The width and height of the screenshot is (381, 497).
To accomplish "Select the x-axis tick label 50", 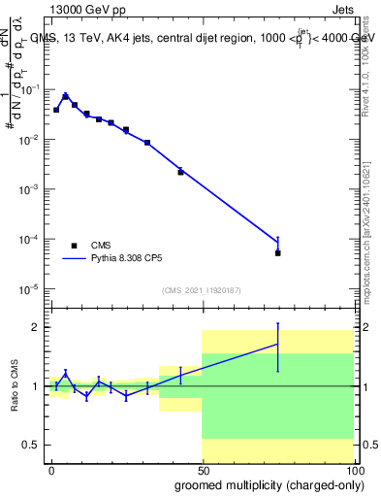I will tap(202, 469).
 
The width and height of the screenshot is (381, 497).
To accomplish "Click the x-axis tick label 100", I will tap(352, 469).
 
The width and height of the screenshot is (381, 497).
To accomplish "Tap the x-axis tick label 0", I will tap(51, 469).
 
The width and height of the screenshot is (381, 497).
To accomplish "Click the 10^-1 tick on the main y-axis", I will tap(30, 90).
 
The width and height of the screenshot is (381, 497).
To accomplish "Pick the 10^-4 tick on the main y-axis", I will tap(30, 240).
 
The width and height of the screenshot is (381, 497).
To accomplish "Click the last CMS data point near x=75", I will tap(277, 252).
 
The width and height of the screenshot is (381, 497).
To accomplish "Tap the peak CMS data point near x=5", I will tap(65, 96).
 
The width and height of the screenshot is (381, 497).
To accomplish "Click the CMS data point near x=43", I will tap(180, 171).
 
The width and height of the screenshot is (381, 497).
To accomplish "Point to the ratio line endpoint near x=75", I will tap(277, 344).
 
